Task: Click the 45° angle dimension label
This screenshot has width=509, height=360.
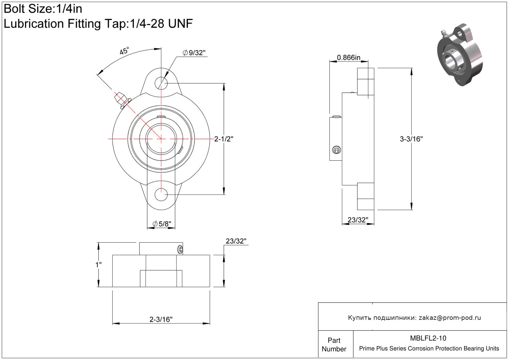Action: [124, 51]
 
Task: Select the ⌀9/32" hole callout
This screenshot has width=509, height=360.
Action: [194, 53]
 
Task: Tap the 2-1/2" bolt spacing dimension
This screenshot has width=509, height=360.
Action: [224, 139]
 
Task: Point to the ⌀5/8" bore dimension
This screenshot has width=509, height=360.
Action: [162, 224]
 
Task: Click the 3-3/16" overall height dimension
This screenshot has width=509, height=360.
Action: [411, 139]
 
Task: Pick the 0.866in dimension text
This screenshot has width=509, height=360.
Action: [349, 57]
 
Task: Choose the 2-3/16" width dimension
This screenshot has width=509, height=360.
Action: [161, 319]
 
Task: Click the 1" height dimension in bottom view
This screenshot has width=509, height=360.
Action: [98, 265]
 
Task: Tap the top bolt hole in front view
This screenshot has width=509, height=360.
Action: [161, 83]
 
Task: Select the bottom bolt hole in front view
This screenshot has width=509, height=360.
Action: [161, 195]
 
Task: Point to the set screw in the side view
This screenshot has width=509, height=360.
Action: [337, 150]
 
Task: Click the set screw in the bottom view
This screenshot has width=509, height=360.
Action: [180, 250]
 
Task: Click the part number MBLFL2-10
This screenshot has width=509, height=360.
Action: [428, 338]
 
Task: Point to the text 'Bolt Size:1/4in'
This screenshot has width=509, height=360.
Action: [43, 9]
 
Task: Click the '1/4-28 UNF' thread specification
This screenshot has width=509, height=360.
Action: [161, 23]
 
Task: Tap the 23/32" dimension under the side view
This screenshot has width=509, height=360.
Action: [358, 220]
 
